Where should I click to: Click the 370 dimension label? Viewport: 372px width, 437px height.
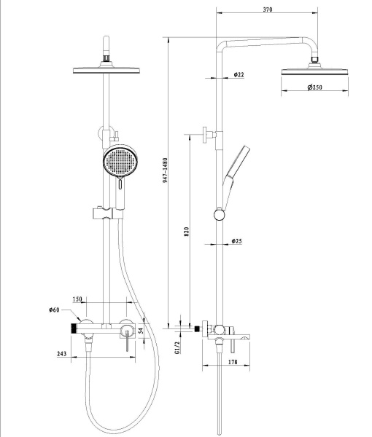coord(268,9)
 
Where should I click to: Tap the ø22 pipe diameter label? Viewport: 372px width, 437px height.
coord(239,74)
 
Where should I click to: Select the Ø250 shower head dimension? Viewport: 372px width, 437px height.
coord(315,87)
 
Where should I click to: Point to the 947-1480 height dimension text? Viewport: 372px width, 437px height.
coord(165,170)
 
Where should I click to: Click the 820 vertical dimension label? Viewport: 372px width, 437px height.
coord(187,232)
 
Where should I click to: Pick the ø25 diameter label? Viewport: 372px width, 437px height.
coord(236,241)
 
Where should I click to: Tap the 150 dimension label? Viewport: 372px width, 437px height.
coord(77,299)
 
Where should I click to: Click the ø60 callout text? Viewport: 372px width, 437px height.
coord(54,310)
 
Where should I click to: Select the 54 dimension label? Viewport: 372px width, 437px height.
coord(141,331)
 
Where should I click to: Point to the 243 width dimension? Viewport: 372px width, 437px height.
coord(62,354)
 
